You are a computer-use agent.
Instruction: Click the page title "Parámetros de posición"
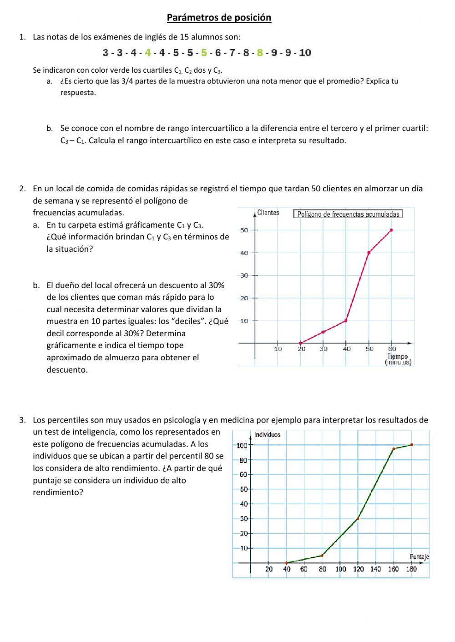click(x=219, y=18)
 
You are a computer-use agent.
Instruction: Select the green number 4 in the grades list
click(x=147, y=53)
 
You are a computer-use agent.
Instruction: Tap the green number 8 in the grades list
click(x=260, y=53)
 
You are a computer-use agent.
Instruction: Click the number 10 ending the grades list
click(x=305, y=53)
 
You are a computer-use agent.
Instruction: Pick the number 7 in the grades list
click(x=232, y=53)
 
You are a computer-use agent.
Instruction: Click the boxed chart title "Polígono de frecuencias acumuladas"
click(x=348, y=214)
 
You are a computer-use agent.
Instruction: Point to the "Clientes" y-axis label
click(x=268, y=213)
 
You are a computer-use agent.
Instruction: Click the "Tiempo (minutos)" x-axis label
click(x=398, y=359)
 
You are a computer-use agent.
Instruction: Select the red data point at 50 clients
click(x=391, y=230)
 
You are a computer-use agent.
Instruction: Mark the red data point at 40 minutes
click(x=346, y=321)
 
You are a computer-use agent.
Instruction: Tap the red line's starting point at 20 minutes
click(x=300, y=343)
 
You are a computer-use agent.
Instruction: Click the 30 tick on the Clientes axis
click(x=244, y=275)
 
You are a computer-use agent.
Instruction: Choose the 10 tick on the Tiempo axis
click(x=278, y=349)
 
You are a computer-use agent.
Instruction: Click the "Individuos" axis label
click(x=267, y=435)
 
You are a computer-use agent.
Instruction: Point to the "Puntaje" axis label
click(x=419, y=557)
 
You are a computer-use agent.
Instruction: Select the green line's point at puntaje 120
click(x=358, y=518)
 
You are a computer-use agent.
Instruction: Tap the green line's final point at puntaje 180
click(x=411, y=445)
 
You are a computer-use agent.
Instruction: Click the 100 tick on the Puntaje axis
click(x=340, y=569)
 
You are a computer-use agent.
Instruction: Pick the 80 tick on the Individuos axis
click(x=243, y=460)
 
